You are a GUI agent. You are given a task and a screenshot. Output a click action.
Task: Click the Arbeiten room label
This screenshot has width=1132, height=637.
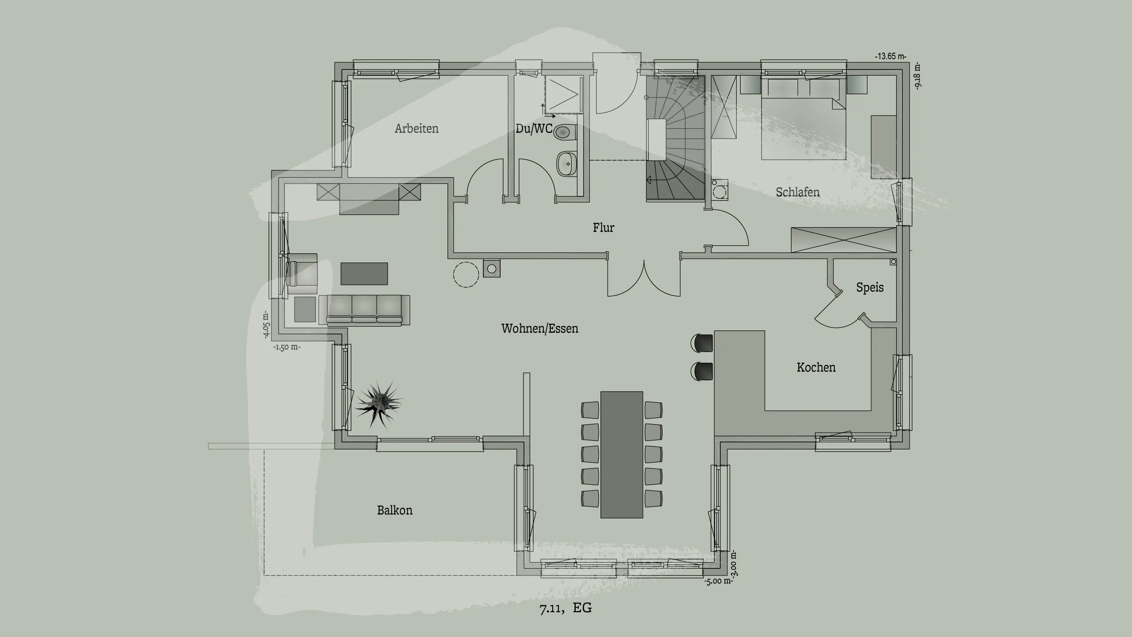point(417,129)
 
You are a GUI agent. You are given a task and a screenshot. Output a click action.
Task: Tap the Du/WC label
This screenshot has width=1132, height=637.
point(534,129)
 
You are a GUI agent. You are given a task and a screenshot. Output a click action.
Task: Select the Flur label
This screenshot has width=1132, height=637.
point(604,228)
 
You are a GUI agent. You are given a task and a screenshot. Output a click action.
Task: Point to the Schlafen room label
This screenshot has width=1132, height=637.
point(798,192)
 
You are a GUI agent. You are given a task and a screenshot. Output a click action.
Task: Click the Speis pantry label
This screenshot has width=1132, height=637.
point(870,288)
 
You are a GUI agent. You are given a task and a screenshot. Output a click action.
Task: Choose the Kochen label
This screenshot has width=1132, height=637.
point(816,368)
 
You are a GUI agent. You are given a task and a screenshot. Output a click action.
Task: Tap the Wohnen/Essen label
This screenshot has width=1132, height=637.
point(539,329)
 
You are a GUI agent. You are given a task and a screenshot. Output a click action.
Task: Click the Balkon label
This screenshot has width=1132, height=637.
point(394,510)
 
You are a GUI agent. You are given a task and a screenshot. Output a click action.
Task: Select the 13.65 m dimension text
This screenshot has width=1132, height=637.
point(890,57)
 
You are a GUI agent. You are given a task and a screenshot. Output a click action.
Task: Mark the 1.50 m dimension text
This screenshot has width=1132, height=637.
point(287,347)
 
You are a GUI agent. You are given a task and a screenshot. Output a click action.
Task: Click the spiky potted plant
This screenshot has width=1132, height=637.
point(379,404)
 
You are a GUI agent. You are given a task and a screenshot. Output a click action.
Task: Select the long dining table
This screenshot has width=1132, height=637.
point(621,454)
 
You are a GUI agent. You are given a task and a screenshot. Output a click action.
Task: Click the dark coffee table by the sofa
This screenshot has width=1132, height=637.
point(364,273)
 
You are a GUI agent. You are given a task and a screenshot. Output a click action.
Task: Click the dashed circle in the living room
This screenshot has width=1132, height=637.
point(466,275)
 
